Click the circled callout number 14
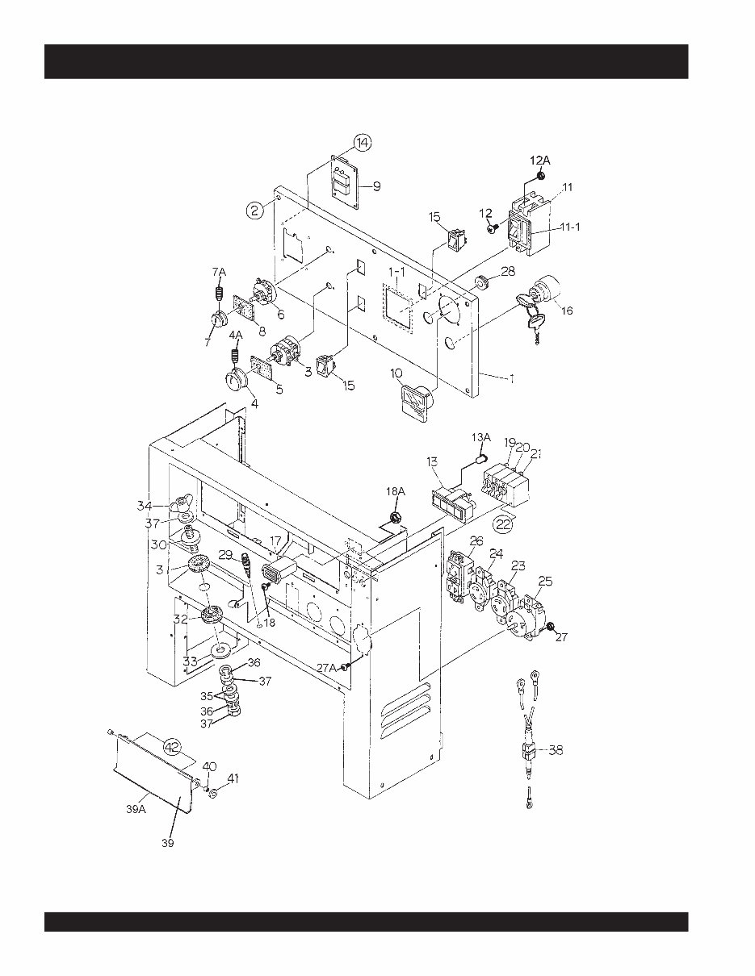tap(363, 143)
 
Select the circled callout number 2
tap(255, 211)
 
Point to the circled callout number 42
tap(172, 746)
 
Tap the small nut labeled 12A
tap(541, 176)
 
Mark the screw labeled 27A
tap(346, 667)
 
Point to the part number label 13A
tap(480, 437)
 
